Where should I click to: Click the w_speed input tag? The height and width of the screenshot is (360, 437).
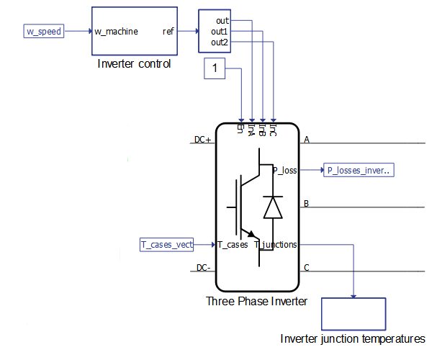pyautogui.click(x=44, y=32)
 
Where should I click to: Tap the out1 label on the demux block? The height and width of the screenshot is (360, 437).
pyautogui.click(x=220, y=32)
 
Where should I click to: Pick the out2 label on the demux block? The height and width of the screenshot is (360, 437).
pyautogui.click(x=220, y=42)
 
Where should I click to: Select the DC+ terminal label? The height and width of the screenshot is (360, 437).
pyautogui.click(x=203, y=140)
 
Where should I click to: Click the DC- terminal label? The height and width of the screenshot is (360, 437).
pyautogui.click(x=203, y=268)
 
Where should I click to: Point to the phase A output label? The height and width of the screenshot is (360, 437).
pyautogui.click(x=307, y=140)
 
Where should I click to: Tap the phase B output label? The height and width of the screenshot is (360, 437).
pyautogui.click(x=307, y=204)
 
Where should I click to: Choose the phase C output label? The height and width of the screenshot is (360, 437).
pyautogui.click(x=307, y=268)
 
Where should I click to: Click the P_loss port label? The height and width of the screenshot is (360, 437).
pyautogui.click(x=284, y=171)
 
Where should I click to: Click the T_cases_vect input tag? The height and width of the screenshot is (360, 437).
pyautogui.click(x=167, y=245)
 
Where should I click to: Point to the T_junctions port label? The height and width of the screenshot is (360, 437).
pyautogui.click(x=276, y=245)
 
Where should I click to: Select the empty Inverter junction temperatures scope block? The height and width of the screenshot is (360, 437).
pyautogui.click(x=354, y=314)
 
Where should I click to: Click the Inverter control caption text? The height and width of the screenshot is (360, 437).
pyautogui.click(x=135, y=64)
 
